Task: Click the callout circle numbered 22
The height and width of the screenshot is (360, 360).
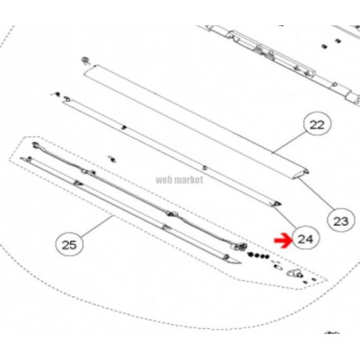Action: pyautogui.click(x=317, y=125)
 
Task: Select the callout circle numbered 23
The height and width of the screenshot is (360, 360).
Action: pyautogui.click(x=341, y=221)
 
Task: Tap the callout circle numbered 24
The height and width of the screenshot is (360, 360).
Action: pyautogui.click(x=306, y=239)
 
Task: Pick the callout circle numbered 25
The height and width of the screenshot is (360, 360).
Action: pyautogui.click(x=69, y=244)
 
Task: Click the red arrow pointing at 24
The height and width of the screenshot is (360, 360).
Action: pyautogui.click(x=282, y=241)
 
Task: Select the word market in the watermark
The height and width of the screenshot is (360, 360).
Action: pyautogui.click(x=189, y=180)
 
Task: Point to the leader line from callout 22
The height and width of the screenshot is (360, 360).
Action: pyautogui.click(x=289, y=142)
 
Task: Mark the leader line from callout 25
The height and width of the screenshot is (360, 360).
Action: pyautogui.click(x=97, y=226)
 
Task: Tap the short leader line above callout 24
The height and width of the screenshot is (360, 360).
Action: pyautogui.click(x=285, y=217)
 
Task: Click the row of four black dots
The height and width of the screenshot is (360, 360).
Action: pyautogui.click(x=258, y=255)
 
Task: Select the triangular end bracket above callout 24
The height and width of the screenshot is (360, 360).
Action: pyautogui.click(x=277, y=204)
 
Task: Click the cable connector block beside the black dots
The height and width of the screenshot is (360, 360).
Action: pyautogui.click(x=241, y=247)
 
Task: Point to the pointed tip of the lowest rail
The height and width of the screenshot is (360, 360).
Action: pyautogui.click(x=241, y=263)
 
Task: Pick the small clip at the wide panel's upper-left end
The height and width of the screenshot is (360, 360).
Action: pyautogui.click(x=85, y=61)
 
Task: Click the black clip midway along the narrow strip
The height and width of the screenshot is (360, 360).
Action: pyautogui.click(x=124, y=127)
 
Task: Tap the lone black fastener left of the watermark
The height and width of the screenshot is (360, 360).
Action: pyautogui.click(x=112, y=159)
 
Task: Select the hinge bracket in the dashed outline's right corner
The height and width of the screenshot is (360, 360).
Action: pyautogui.click(x=295, y=274)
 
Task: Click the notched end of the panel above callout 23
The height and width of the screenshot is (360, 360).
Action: pyautogui.click(x=303, y=174)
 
